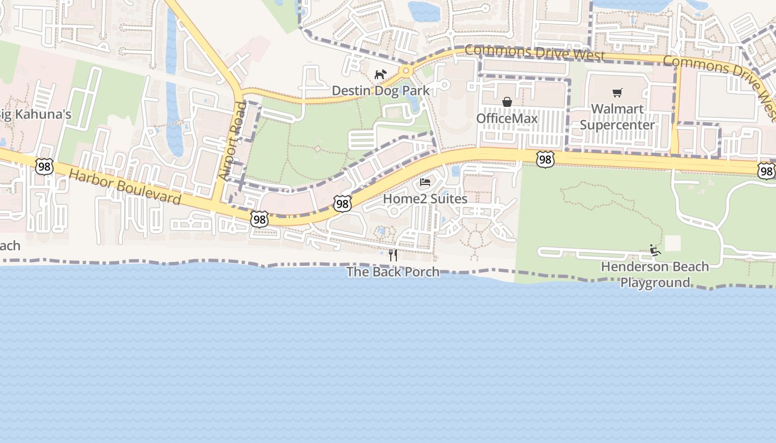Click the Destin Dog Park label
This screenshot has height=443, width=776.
tap(380, 90)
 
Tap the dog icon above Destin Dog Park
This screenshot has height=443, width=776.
tap(380, 74)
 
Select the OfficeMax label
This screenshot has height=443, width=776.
tap(507, 119)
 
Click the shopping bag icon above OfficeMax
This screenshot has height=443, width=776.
tap(507, 102)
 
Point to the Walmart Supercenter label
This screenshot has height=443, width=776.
tap(617, 117)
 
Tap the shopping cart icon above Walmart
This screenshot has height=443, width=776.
tap(617, 92)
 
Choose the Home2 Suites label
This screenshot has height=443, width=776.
tap(425, 198)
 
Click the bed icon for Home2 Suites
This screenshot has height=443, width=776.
tap(425, 182)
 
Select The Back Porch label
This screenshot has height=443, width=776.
tap(393, 272)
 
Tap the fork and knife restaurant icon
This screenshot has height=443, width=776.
tap(393, 255)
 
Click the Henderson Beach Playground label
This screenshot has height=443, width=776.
tap(655, 274)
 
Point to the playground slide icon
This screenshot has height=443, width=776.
tap(655, 250)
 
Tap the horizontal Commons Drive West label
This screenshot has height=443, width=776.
tap(534, 53)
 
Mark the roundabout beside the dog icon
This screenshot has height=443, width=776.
tap(406, 70)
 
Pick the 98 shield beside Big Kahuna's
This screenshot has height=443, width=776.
tap(44, 166)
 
